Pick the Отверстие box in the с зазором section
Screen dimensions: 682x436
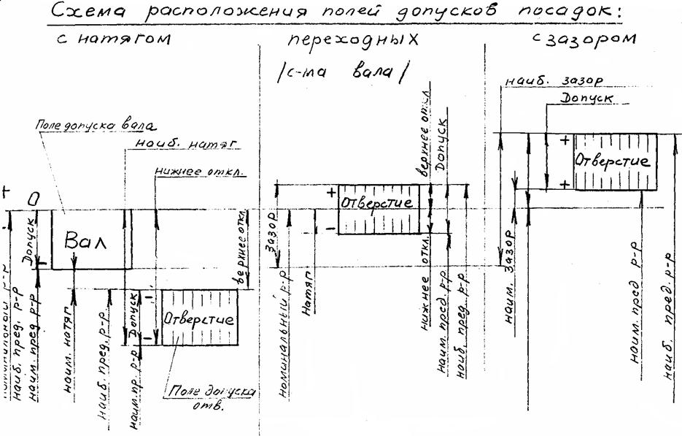coord(611,161)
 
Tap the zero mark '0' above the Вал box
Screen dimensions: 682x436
coord(34,198)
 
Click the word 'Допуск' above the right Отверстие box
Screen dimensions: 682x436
coord(586,98)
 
